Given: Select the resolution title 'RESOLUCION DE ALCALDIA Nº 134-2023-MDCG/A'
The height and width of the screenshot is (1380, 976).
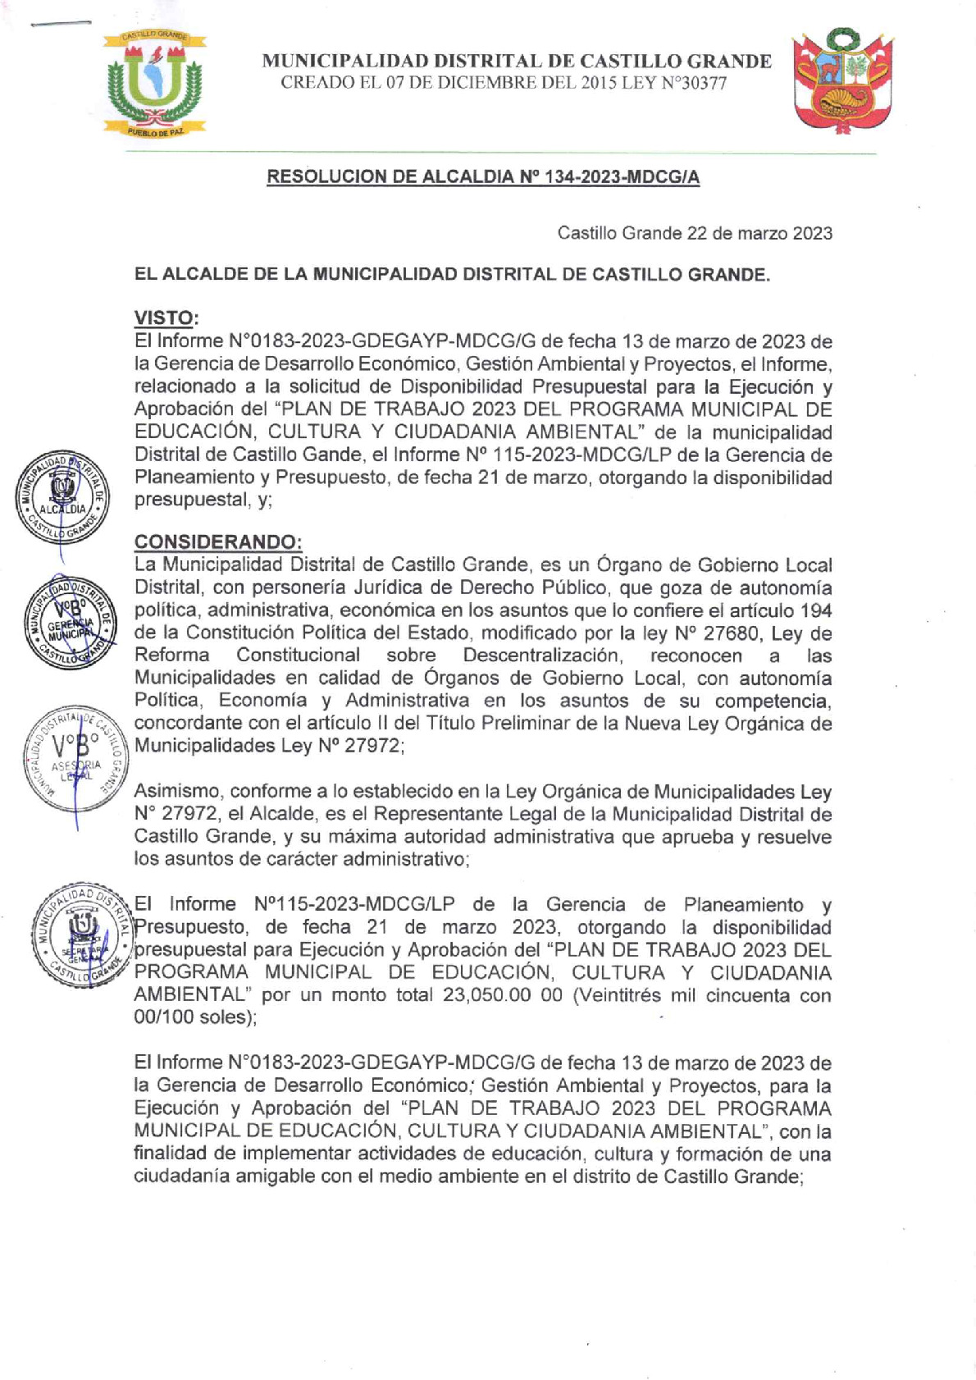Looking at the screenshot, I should click(x=483, y=177).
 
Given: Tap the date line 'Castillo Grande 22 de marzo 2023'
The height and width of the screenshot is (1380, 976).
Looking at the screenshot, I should click(x=695, y=233).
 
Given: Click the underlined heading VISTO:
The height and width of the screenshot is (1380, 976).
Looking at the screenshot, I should click(x=166, y=318).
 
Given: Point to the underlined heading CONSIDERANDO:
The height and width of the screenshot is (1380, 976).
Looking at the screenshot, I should click(x=217, y=541).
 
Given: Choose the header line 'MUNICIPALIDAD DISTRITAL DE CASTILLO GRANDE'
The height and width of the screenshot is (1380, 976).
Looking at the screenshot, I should click(x=517, y=62).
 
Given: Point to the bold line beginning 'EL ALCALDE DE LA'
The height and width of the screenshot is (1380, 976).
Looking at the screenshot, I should click(x=452, y=274).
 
